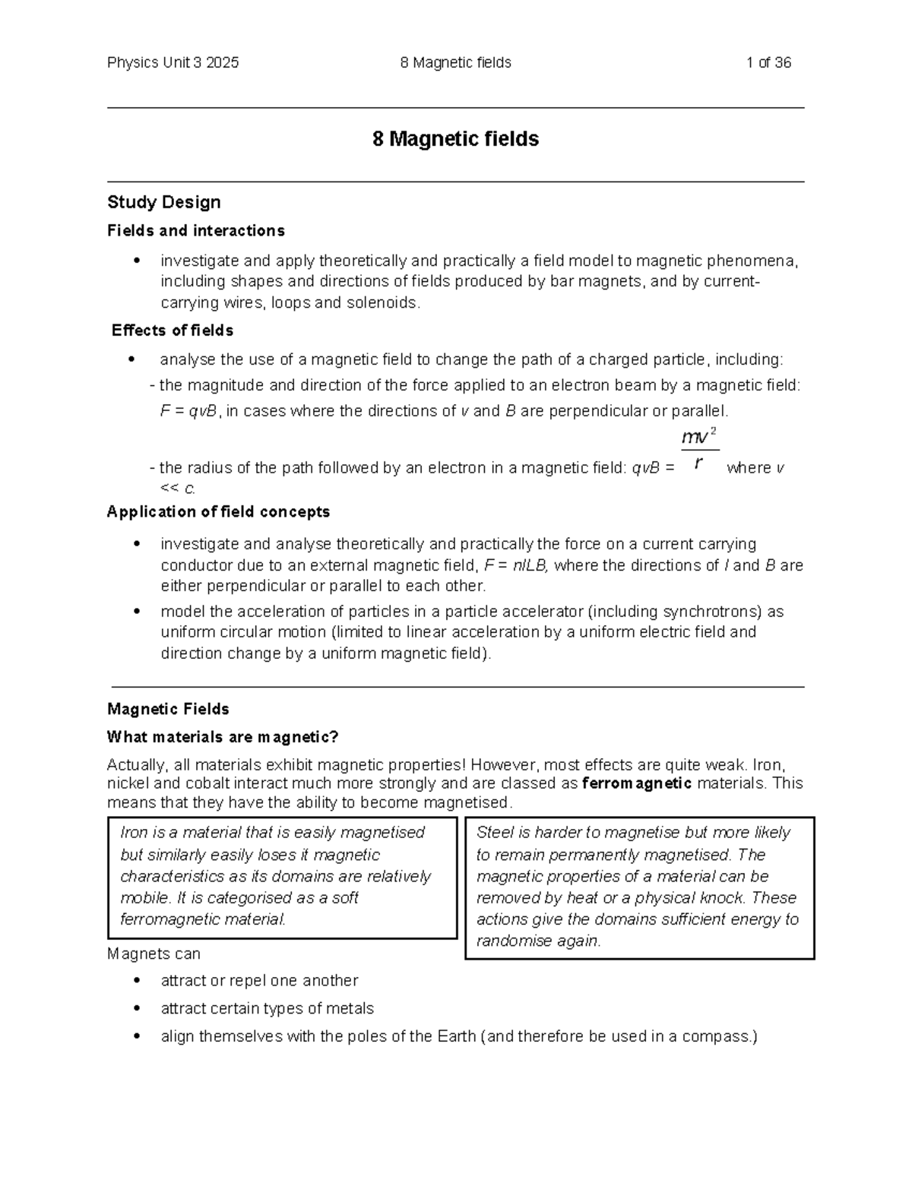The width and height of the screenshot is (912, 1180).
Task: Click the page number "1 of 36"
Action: [x=768, y=63]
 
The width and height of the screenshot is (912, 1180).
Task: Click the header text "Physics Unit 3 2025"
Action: [x=173, y=63]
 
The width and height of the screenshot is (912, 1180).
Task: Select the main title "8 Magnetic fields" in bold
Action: [x=455, y=139]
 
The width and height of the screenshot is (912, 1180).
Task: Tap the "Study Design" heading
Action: [x=164, y=202]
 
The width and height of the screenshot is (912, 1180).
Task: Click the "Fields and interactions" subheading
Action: [x=196, y=231]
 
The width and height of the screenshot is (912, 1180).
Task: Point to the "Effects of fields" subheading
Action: [x=173, y=331]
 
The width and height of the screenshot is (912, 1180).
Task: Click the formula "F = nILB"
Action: [x=519, y=566]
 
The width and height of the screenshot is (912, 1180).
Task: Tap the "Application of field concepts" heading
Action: [x=218, y=512]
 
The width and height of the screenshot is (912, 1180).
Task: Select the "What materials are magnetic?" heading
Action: [x=223, y=737]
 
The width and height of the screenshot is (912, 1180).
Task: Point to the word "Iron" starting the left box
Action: [x=134, y=833]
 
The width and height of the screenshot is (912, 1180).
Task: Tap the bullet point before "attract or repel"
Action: [x=138, y=981]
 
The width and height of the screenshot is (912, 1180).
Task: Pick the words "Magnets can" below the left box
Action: [x=154, y=954]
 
